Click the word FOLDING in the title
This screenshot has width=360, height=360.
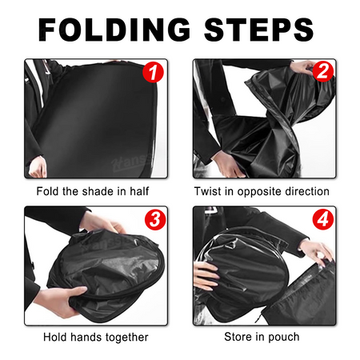[114, 30]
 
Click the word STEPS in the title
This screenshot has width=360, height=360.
[258, 30]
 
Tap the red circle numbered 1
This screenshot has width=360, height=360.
[153, 72]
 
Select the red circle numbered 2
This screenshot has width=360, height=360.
[323, 71]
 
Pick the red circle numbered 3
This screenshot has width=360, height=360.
[155, 220]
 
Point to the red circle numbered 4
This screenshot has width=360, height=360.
[323, 219]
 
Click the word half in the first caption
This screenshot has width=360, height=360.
[139, 191]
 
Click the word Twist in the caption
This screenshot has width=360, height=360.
[208, 191]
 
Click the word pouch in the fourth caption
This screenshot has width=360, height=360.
[284, 338]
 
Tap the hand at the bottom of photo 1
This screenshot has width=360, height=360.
[38, 166]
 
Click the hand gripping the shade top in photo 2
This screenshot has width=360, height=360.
[302, 66]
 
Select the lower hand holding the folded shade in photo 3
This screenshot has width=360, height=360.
[62, 302]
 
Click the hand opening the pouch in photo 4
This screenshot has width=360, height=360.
[317, 250]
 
